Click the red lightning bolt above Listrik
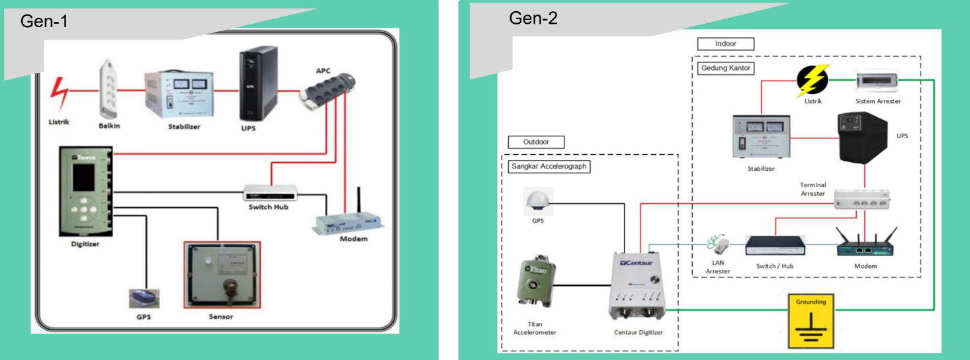[61, 94]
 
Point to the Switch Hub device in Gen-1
[270, 193]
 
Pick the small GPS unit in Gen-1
[144, 298]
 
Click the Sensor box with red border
[222, 274]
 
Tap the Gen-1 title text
[44, 21]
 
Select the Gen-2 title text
[533, 19]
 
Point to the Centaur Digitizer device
[637, 285]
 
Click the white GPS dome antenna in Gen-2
[537, 200]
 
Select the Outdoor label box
[537, 142]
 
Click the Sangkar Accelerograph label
[549, 166]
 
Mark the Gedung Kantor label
[725, 67]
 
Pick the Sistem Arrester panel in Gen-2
[878, 81]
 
